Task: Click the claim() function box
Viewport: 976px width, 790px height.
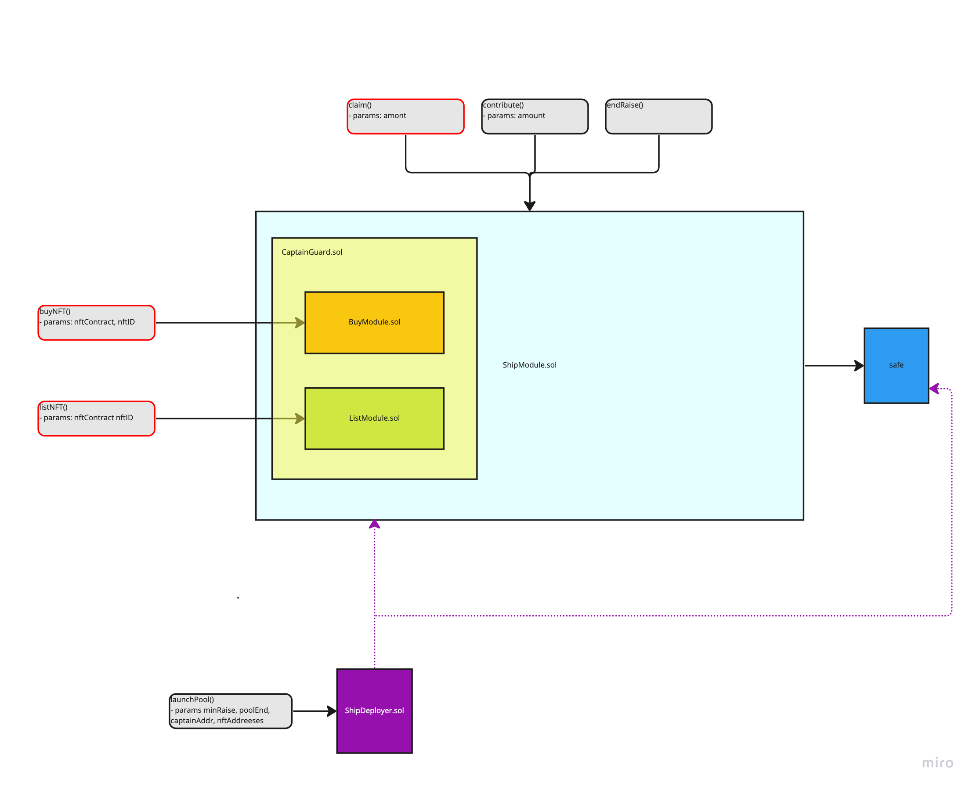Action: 405,116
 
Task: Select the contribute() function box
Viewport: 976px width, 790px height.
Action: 535,116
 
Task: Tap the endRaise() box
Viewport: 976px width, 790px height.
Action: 658,116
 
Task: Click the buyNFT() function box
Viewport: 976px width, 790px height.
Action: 97,323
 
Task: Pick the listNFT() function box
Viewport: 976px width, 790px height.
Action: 97,418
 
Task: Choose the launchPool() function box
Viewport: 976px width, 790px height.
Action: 230,711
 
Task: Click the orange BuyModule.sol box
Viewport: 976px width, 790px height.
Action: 374,323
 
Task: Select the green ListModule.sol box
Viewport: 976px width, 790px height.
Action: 374,418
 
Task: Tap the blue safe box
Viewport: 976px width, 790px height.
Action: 896,365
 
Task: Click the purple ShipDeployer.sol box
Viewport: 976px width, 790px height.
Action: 374,711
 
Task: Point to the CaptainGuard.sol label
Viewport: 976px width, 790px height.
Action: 312,252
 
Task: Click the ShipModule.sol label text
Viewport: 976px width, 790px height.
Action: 529,365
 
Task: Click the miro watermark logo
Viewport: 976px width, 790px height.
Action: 937,763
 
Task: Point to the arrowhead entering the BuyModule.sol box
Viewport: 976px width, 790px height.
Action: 300,323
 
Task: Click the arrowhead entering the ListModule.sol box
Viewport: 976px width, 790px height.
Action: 300,418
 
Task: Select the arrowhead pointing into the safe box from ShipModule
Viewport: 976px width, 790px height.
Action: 859,365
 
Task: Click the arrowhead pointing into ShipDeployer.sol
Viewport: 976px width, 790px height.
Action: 332,711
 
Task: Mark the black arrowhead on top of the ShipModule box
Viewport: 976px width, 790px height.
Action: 529,206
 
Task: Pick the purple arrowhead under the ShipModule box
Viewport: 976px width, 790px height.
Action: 374,525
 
